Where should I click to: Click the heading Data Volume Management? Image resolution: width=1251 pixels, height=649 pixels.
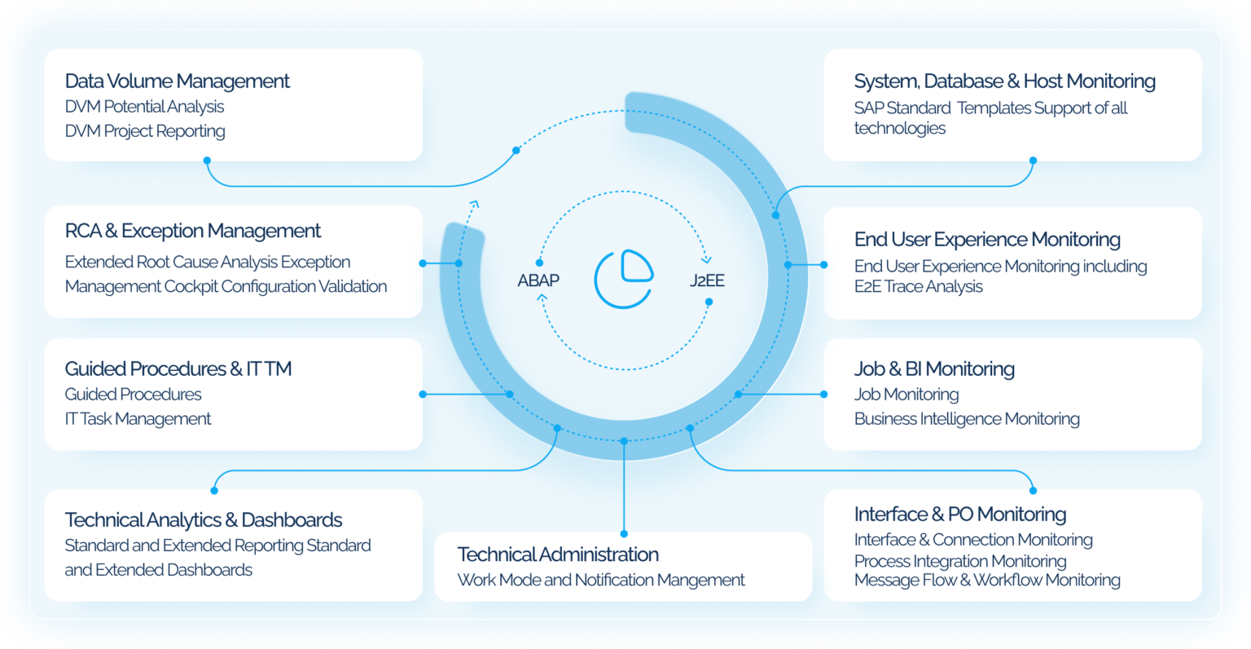[177, 82]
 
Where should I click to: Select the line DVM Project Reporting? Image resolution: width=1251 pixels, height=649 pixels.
[145, 131]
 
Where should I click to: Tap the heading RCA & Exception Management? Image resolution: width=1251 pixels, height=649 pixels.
[193, 232]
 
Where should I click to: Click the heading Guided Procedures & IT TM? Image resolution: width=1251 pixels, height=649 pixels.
[178, 369]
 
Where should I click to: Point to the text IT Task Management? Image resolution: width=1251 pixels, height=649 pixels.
[138, 419]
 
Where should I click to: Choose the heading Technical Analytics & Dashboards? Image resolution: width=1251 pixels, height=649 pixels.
[204, 520]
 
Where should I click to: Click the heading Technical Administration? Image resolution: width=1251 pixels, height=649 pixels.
[558, 554]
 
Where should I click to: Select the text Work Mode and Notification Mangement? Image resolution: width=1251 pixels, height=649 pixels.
[601, 580]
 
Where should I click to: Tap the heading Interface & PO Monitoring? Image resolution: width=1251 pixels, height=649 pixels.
[960, 514]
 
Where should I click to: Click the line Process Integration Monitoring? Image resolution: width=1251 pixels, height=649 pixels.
[960, 561]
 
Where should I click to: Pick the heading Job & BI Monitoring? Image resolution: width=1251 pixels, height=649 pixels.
[934, 369]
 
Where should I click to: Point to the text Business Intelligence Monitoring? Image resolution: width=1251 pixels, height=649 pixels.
[967, 419]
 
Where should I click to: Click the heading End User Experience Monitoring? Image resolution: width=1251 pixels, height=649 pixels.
[987, 240]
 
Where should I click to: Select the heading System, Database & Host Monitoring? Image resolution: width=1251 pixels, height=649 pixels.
[1004, 82]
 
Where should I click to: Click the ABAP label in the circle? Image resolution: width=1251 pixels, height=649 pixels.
[538, 280]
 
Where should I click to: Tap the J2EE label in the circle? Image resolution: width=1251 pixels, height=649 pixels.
[707, 280]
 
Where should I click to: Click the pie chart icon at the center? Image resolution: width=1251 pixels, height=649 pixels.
[624, 280]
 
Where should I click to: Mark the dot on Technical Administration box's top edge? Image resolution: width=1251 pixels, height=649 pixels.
[624, 534]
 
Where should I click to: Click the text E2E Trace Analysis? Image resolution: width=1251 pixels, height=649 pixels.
[918, 287]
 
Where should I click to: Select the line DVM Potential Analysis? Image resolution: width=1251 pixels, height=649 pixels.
[144, 107]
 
